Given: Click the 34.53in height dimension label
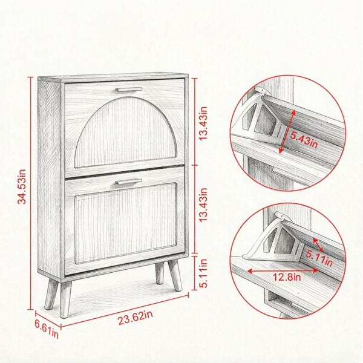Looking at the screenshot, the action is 22,186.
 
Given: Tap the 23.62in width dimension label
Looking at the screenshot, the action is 136,318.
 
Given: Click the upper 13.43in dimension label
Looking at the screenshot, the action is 203,123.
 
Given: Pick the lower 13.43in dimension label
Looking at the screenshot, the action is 203,205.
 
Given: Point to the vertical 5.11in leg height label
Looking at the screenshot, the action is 203,273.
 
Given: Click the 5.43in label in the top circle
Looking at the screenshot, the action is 304,140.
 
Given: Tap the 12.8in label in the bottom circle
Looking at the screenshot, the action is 287,276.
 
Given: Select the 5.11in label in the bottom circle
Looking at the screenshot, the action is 319,258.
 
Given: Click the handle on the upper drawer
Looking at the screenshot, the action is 129,90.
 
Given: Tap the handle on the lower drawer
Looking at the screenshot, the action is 128,181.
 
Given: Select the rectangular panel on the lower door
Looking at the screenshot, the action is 126,223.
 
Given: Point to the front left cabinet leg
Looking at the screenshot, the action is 65,299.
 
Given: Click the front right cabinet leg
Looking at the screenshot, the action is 175,275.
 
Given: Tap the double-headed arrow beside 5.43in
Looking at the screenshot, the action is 287,131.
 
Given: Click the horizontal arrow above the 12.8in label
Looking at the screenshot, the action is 283,270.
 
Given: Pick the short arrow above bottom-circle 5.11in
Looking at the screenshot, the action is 318,245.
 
